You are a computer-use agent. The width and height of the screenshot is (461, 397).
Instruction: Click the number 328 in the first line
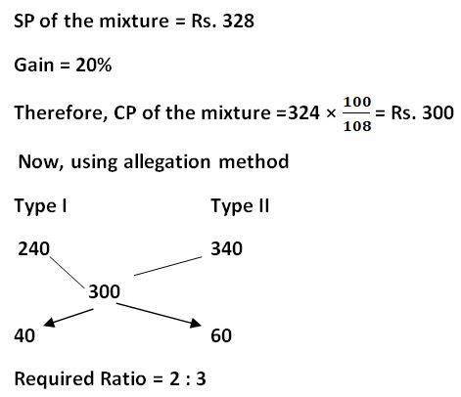coord(238,22)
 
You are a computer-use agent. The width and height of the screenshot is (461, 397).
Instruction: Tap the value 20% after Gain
coord(94,65)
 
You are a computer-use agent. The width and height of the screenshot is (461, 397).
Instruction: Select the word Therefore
coord(61,113)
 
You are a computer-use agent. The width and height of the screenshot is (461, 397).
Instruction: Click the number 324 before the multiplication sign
coord(304,113)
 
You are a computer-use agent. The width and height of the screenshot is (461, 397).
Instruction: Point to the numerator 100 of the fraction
coord(357,102)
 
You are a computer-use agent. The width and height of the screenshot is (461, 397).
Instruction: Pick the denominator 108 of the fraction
coord(357,126)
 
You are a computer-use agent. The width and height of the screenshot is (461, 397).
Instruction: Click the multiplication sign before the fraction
coord(331,113)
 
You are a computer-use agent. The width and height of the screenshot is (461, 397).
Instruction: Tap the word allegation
coord(167,162)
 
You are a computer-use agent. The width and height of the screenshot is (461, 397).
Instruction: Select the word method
coord(254,161)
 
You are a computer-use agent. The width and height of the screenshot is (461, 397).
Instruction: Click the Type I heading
coord(40,206)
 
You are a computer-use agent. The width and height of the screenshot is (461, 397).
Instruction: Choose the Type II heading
coord(240,206)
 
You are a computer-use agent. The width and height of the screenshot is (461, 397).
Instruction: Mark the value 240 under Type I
coord(33,248)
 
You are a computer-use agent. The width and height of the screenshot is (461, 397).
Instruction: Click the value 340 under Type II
coord(227,248)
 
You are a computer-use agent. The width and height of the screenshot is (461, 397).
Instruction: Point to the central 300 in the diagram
coord(105,291)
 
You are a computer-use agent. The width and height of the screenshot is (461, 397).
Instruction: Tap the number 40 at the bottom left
coord(24,335)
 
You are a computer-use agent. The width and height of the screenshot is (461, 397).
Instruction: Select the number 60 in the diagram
coord(221,335)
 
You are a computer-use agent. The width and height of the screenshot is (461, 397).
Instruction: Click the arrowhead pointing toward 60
coord(196,323)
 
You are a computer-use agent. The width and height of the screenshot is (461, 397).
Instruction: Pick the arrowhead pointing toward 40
coord(49,323)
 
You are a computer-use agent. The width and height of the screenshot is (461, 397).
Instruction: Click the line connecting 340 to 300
coord(168,266)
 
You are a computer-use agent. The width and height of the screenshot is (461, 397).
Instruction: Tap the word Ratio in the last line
coord(123,379)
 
